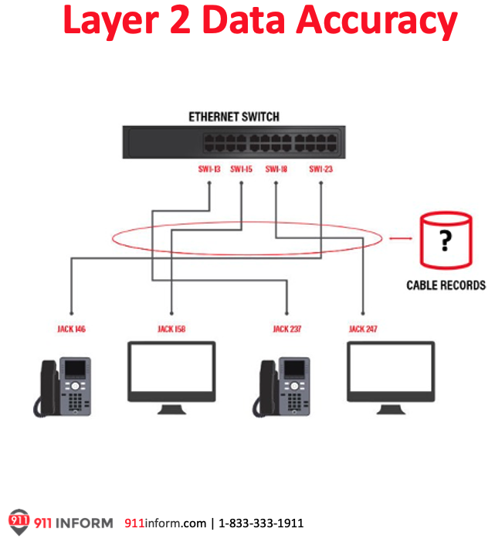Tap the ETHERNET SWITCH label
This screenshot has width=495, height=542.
234,117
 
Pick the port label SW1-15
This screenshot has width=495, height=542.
241,169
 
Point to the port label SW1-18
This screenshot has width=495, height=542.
276,169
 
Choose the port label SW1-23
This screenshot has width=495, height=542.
320,169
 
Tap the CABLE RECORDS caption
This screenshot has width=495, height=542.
446,285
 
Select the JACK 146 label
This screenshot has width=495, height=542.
71,329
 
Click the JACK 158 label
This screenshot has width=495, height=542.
171,329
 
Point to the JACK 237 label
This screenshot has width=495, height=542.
287,329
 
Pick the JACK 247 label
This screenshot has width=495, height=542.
363,329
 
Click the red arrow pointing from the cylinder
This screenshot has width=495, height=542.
398,238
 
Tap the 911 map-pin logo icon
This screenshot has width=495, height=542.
19,521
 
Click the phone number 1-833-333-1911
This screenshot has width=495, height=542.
261,523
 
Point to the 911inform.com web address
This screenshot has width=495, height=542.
165,523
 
